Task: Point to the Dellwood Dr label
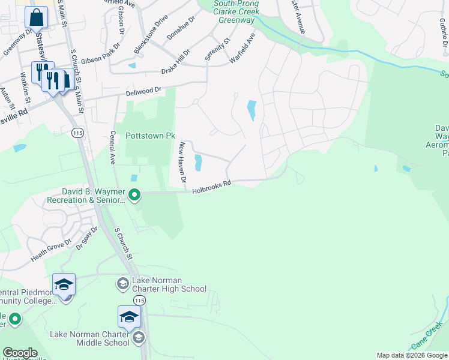point(144,92)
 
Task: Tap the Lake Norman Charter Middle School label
point(90,338)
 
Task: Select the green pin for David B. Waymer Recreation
point(135,194)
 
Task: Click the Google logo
point(19,353)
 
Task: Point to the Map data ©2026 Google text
point(412,355)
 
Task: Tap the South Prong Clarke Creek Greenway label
point(237,12)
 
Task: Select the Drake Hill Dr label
point(176,63)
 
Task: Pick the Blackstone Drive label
point(151,38)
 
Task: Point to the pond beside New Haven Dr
point(197,163)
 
